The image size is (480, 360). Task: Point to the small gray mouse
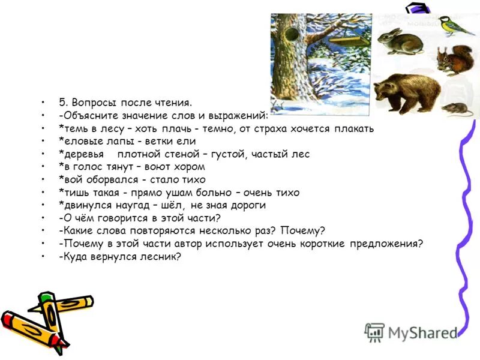pyautogui.click(x=455, y=108)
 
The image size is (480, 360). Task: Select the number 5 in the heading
pyautogui.click(x=62, y=103)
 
